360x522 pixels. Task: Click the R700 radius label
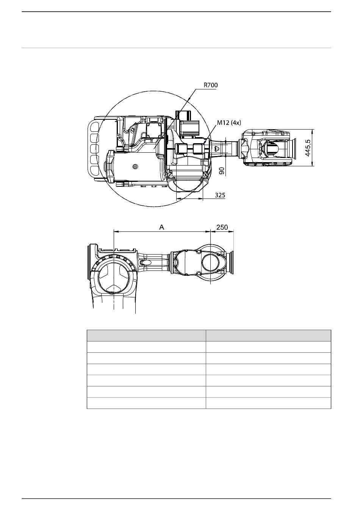[x=211, y=85]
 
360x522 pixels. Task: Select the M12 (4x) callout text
[x=229, y=123]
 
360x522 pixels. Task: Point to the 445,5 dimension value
[x=308, y=148]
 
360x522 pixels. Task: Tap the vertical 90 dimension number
[x=222, y=171]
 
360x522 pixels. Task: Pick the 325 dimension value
[x=220, y=195]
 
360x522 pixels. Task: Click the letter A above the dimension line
[x=161, y=227]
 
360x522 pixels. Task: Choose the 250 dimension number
[x=222, y=227]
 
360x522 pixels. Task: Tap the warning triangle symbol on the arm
[x=216, y=148]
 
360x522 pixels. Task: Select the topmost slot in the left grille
[x=94, y=127]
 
